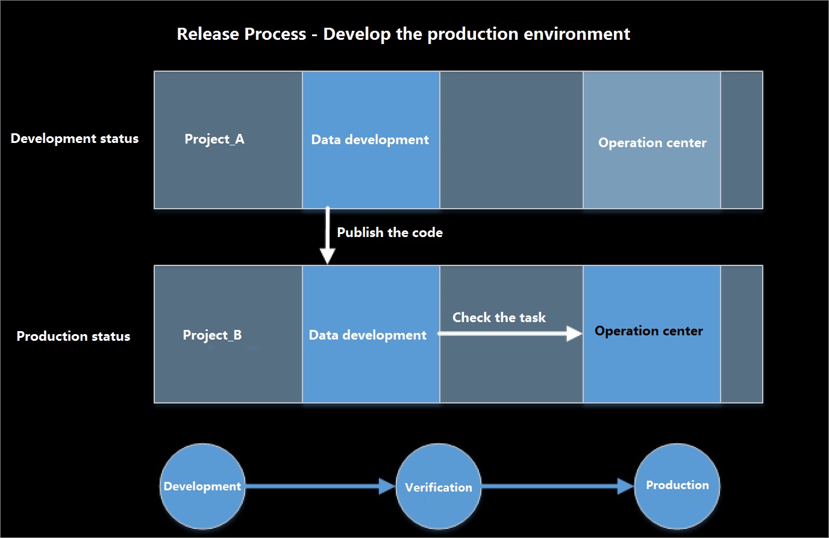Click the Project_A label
click(x=214, y=139)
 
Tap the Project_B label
click(x=212, y=335)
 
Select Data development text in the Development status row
click(x=370, y=140)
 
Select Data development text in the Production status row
click(x=368, y=335)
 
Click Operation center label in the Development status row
click(x=652, y=143)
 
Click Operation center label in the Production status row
click(x=649, y=331)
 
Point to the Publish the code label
click(x=390, y=232)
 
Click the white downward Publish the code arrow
click(x=328, y=235)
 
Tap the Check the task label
click(x=499, y=317)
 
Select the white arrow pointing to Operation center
click(x=510, y=334)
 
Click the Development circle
click(x=202, y=486)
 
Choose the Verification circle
click(x=439, y=486)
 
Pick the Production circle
click(x=677, y=486)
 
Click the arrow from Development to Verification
click(x=321, y=486)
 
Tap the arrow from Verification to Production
click(x=558, y=486)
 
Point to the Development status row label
click(x=74, y=138)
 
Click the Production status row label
click(x=74, y=336)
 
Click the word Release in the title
click(x=208, y=34)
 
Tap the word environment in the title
click(x=577, y=34)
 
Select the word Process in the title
click(x=275, y=34)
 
